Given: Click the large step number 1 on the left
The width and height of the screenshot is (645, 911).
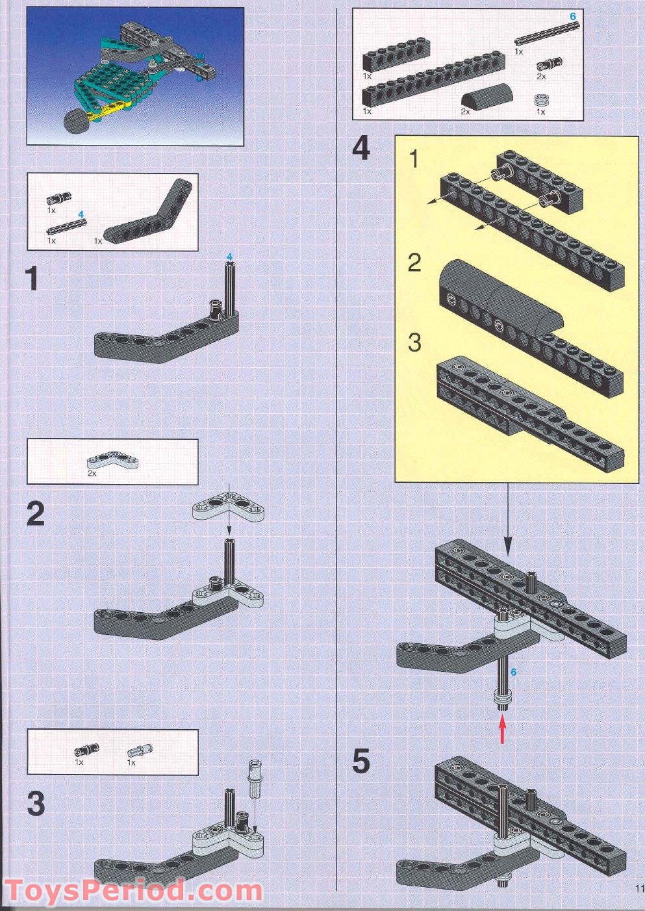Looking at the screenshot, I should (x=32, y=279).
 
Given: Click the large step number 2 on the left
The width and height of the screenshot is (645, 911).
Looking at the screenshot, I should (x=36, y=514).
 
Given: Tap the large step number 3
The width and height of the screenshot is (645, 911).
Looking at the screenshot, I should (x=36, y=804).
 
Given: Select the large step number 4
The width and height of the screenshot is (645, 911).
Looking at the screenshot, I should (x=360, y=149).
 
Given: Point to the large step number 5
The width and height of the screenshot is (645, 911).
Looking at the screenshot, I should (x=360, y=762).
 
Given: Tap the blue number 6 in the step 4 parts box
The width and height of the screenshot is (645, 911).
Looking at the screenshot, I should (x=572, y=16).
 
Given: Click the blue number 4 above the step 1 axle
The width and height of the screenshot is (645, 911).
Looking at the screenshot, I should (x=230, y=258).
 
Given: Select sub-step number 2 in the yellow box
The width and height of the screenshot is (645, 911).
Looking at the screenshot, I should (x=414, y=263).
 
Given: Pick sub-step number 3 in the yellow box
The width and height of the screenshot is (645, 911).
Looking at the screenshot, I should (x=414, y=342).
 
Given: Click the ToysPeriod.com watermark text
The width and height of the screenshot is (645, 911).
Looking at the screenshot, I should (x=133, y=891).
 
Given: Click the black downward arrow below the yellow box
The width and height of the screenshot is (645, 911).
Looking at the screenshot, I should (x=508, y=520).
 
